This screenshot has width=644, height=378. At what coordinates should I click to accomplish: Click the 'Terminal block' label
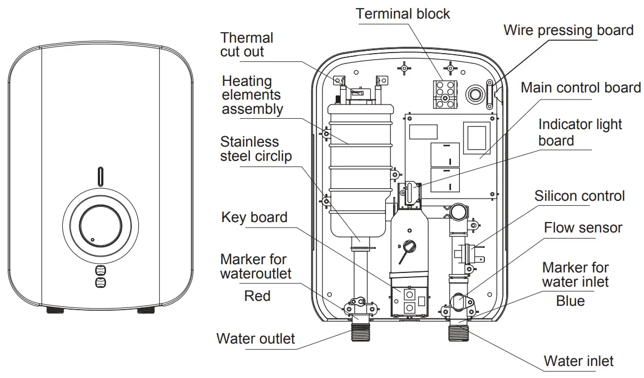403,14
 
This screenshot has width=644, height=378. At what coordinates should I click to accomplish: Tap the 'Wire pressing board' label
568,30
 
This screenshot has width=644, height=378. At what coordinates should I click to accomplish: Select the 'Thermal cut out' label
247,45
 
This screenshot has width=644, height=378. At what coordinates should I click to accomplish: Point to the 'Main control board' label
581,88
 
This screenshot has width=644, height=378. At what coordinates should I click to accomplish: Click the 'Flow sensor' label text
583,228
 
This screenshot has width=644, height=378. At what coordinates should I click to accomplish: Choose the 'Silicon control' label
579,196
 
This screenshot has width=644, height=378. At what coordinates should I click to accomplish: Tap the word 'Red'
257,296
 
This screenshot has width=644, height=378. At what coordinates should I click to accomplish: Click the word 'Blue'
570,301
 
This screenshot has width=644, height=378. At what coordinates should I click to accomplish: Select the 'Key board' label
254,217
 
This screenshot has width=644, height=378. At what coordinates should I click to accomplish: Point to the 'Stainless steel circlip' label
256,149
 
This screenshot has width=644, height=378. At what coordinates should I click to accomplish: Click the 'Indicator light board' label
579,132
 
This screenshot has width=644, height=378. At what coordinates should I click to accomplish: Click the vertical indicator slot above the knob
100,176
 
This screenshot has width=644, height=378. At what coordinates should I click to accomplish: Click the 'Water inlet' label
578,361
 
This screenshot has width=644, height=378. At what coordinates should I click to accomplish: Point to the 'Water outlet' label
255,338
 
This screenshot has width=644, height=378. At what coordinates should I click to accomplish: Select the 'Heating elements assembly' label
252,95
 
